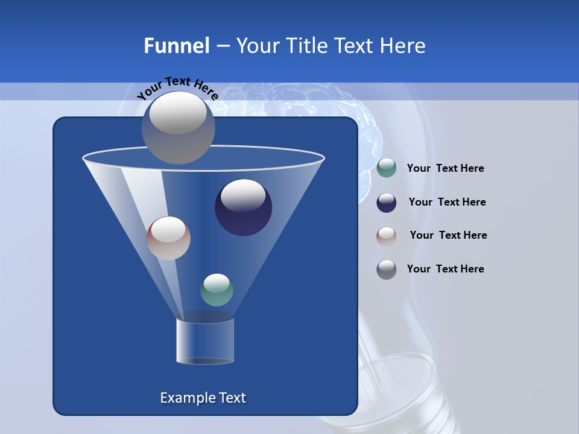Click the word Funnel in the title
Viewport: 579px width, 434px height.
tap(176, 46)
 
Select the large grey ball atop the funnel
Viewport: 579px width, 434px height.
tap(179, 128)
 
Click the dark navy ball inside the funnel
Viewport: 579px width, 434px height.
tap(244, 208)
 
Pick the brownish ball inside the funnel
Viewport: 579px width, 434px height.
tap(168, 238)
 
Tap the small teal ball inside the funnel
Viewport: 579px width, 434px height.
tap(217, 290)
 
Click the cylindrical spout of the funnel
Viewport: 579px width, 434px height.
tap(205, 342)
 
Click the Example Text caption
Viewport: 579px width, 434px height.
tap(203, 398)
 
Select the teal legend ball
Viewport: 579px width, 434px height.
tap(387, 168)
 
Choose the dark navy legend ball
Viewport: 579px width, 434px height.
tap(387, 203)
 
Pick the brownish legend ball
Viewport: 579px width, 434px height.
tap(387, 236)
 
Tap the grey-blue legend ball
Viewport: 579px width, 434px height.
tap(387, 269)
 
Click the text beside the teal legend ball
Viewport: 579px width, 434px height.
tap(445, 169)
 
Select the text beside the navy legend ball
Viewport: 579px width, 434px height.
tap(447, 203)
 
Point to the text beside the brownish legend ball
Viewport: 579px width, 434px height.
tap(448, 236)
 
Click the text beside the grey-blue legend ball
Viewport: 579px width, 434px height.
tap(445, 269)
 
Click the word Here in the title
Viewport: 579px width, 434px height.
tap(404, 46)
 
